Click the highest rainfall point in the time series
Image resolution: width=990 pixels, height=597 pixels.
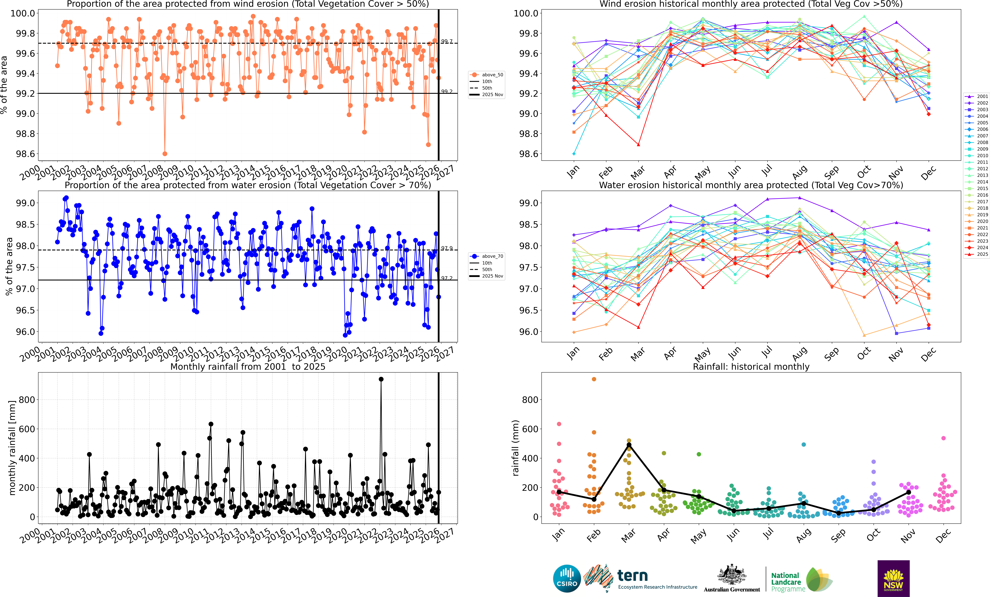pyautogui.click(x=381, y=379)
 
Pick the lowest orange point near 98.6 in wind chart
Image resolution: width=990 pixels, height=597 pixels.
pyautogui.click(x=165, y=154)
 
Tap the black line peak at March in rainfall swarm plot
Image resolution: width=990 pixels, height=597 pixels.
pyautogui.click(x=629, y=445)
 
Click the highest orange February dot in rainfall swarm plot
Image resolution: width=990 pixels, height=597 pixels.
pyautogui.click(x=594, y=379)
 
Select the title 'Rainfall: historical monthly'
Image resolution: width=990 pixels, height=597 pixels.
pyautogui.click(x=751, y=367)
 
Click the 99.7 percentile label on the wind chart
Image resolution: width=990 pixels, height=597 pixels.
pyautogui.click(x=447, y=41)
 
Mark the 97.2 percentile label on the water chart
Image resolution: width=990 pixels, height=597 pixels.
pyautogui.click(x=447, y=278)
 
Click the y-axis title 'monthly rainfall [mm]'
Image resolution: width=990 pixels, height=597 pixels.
pyautogui.click(x=12, y=448)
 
